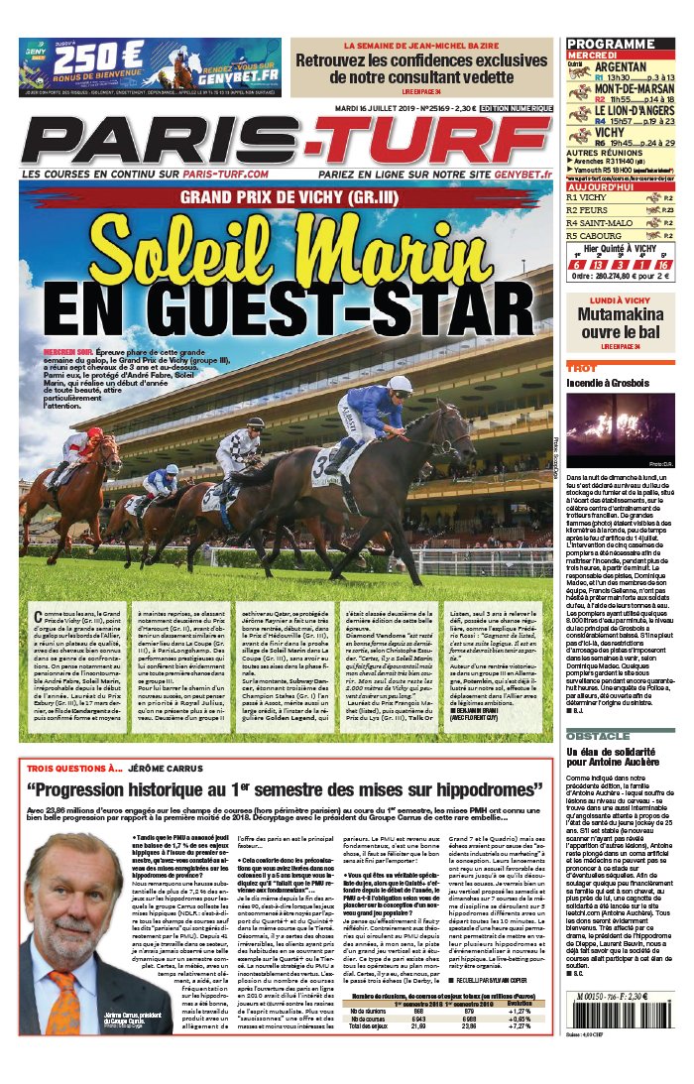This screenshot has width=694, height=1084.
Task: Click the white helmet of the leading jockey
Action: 400,384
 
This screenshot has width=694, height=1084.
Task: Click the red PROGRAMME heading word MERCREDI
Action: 593,56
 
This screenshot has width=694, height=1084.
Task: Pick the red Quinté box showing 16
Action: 662,265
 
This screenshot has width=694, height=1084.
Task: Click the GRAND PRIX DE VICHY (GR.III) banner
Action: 286,196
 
